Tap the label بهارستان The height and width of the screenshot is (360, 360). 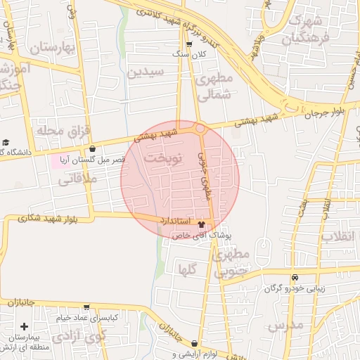pyautogui.click(x=53, y=48)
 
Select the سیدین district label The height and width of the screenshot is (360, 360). pyautogui.click(x=146, y=72)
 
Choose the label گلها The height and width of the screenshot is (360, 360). pyautogui.click(x=187, y=268)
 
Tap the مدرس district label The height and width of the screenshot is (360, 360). pyautogui.click(x=285, y=326)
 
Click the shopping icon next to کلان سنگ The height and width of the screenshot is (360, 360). pyautogui.click(x=189, y=45)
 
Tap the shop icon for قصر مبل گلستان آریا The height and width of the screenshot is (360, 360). pyautogui.click(x=94, y=148)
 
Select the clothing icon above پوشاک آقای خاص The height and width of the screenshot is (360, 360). pyautogui.click(x=202, y=225)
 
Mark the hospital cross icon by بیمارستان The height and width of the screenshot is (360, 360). pyautogui.click(x=25, y=326)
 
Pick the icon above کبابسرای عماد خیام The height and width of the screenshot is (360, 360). pyautogui.click(x=86, y=307)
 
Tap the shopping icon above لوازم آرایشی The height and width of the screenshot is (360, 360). pyautogui.click(x=195, y=343)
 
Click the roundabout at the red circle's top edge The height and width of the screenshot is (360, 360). pyautogui.click(x=200, y=129)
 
